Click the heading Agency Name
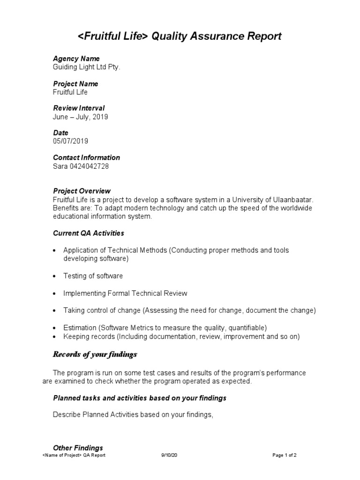click(x=76, y=59)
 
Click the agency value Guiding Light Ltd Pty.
click(x=87, y=67)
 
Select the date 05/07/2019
click(x=70, y=141)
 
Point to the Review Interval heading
click(x=79, y=108)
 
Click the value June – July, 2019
click(x=80, y=117)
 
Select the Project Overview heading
click(x=82, y=191)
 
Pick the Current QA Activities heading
click(x=88, y=233)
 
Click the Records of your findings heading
click(x=95, y=354)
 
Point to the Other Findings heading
click(x=78, y=448)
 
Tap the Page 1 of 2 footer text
click(x=285, y=455)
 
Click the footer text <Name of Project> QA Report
click(x=74, y=455)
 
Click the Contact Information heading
click(x=86, y=157)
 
